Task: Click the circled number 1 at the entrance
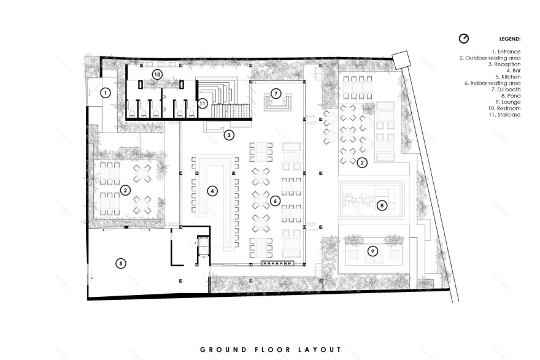tap(106, 93)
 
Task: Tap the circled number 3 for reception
tap(228, 134)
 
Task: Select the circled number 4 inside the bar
tap(212, 191)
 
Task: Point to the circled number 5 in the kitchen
tap(121, 263)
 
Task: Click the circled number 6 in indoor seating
tap(276, 201)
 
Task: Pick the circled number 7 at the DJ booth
tap(276, 94)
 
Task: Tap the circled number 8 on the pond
tap(382, 205)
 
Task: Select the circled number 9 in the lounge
tap(372, 251)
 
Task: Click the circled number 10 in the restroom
tap(157, 74)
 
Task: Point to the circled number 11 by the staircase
tap(202, 103)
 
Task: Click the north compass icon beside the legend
tap(464, 38)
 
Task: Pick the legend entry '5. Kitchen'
tap(507, 77)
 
